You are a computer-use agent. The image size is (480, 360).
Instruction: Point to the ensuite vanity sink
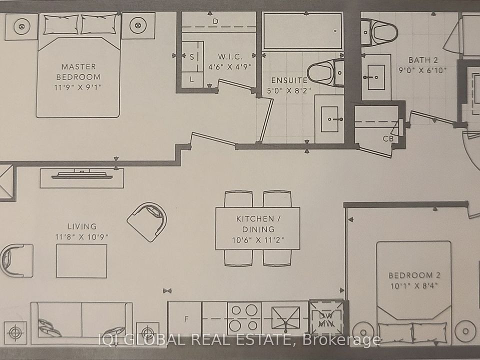pyautogui.click(x=329, y=119)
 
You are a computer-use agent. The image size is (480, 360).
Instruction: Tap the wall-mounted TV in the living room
pyautogui.click(x=81, y=175)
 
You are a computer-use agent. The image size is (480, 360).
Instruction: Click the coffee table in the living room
pyautogui.click(x=81, y=261)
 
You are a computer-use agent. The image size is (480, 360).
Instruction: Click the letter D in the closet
pyautogui.click(x=215, y=21)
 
